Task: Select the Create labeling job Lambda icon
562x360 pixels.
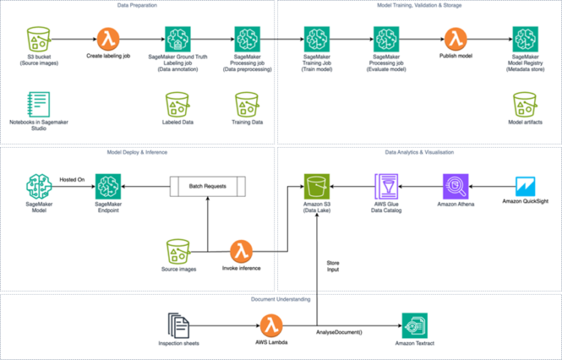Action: (x=109, y=38)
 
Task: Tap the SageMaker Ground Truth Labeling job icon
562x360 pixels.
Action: (x=178, y=38)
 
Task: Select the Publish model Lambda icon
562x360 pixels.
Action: (x=455, y=38)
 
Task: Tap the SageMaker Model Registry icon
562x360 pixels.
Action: (x=525, y=38)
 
